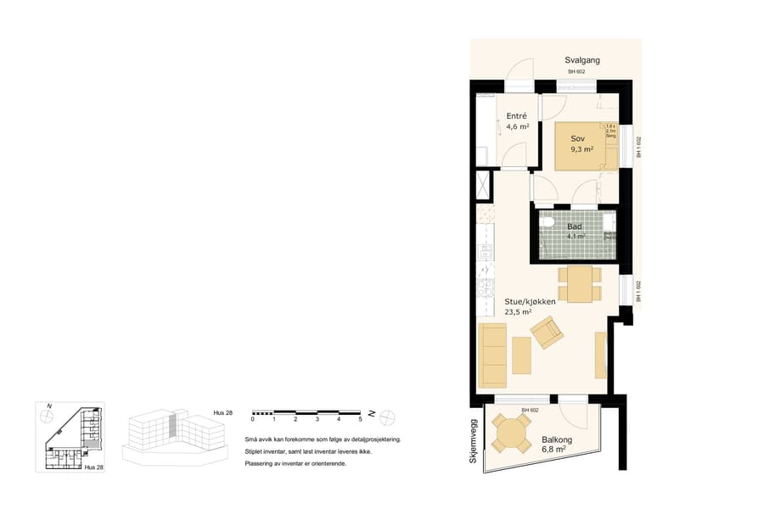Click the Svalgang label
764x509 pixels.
[582, 60]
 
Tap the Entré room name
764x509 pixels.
[516, 115]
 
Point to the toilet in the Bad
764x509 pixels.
[548, 225]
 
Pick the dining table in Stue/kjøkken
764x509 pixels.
[580, 283]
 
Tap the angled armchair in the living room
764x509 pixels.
[546, 332]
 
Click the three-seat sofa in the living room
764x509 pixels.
[492, 354]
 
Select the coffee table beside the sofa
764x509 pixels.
[521, 355]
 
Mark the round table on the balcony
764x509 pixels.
[514, 433]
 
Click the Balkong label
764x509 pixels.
[558, 439]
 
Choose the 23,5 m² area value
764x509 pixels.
[518, 312]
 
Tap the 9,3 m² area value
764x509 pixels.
[581, 148]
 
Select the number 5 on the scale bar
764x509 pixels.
[360, 420]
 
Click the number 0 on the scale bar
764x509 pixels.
[252, 420]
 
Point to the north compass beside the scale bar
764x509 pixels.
[387, 416]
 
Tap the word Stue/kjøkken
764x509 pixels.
[530, 301]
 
